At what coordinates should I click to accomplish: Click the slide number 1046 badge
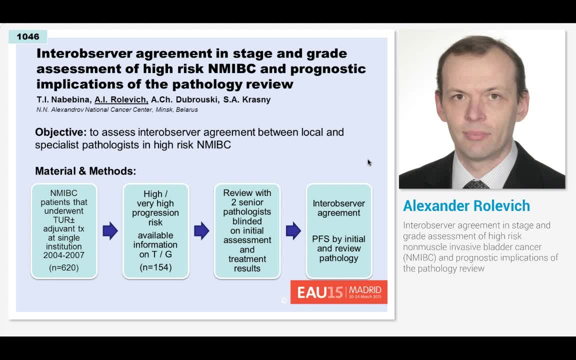[28, 36]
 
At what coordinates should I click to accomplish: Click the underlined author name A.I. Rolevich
[121, 100]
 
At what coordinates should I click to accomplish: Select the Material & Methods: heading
[85, 171]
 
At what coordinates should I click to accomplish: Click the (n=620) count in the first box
[64, 268]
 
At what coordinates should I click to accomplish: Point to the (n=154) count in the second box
[155, 267]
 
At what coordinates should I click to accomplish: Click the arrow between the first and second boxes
[110, 231]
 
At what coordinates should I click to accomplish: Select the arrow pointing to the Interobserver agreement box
[293, 231]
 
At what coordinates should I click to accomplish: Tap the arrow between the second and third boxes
[201, 231]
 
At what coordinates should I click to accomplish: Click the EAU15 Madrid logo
[338, 292]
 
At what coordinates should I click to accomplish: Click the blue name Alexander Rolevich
[466, 206]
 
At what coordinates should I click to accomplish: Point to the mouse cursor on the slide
[369, 162]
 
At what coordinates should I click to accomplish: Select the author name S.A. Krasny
[247, 100]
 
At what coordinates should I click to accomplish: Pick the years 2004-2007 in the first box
[64, 255]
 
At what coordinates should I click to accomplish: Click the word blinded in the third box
[247, 221]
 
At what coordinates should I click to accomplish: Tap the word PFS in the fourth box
[320, 239]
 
